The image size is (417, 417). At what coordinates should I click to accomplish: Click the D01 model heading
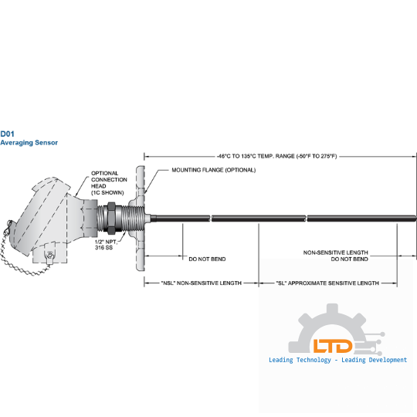(7, 134)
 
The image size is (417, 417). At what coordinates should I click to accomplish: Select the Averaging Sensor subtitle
(29, 143)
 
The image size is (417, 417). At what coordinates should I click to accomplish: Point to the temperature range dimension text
(277, 156)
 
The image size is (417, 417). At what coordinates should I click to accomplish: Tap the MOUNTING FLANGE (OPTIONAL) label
(214, 170)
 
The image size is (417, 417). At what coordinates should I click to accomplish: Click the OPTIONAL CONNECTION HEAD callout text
(109, 183)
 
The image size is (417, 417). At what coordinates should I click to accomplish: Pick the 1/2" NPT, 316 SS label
(106, 245)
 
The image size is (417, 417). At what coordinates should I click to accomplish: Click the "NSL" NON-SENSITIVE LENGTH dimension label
(202, 283)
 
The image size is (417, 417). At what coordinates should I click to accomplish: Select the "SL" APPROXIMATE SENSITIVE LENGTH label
(327, 283)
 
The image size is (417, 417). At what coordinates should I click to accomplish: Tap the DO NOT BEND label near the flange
(207, 259)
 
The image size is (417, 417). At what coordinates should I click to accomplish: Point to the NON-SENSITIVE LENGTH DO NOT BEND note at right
(336, 256)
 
